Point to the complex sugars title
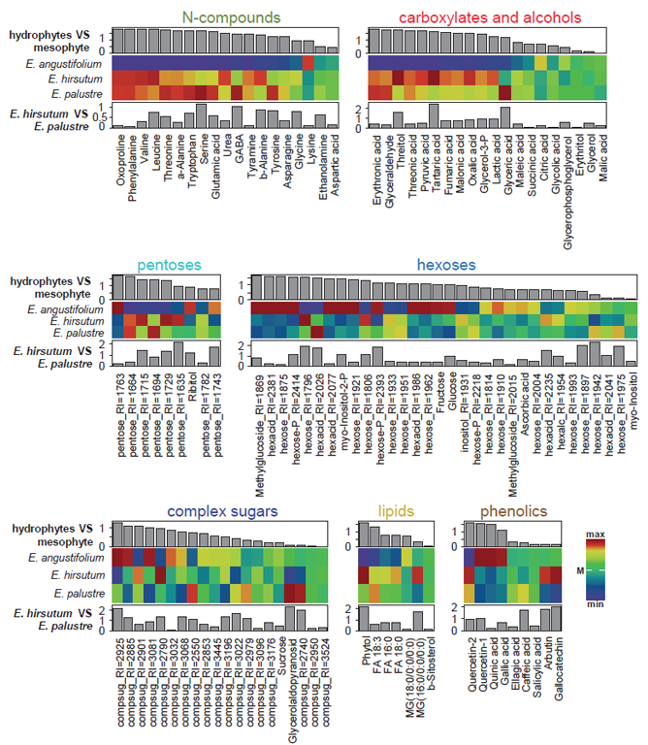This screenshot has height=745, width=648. point(227,511)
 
